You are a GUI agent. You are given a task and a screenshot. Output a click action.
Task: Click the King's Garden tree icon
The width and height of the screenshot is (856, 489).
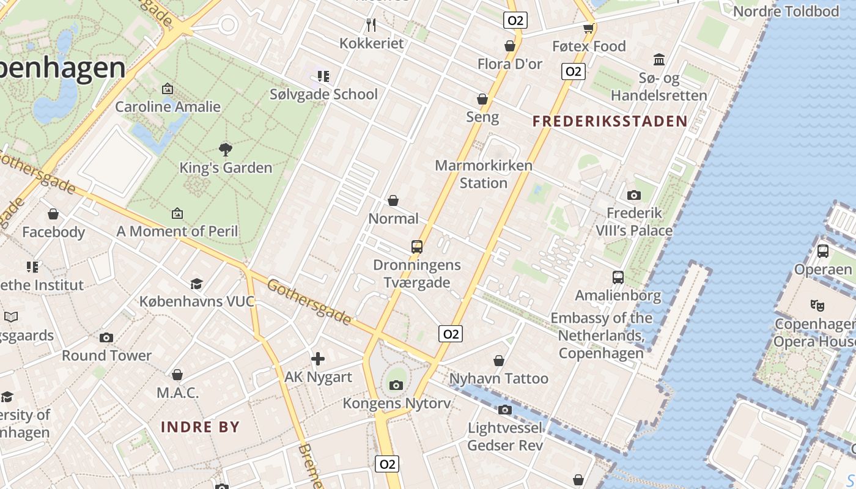226,149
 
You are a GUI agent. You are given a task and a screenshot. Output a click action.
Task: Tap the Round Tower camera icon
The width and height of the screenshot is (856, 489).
106,337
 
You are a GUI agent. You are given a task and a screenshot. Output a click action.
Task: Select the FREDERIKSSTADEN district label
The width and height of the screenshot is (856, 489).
610,121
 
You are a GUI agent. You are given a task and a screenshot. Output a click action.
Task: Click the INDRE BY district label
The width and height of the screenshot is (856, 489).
201,427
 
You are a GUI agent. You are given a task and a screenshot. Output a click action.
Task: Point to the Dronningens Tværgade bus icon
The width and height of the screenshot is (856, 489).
417,247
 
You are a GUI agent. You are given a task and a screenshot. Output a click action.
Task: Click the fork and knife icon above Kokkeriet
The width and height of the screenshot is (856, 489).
371,25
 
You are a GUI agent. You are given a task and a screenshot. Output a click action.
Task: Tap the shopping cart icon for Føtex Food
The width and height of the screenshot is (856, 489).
589,28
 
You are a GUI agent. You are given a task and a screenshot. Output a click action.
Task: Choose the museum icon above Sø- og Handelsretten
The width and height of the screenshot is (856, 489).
659,60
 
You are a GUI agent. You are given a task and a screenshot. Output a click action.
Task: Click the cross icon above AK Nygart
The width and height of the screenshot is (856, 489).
318,359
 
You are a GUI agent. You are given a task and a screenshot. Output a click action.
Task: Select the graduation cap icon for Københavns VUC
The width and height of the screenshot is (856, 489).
196,284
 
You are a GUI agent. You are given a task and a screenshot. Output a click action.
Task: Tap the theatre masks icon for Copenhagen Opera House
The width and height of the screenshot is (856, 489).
817,305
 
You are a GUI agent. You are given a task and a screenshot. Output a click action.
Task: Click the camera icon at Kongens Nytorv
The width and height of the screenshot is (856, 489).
396,385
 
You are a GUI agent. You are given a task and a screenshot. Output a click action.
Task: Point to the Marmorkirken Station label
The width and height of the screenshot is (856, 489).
484,174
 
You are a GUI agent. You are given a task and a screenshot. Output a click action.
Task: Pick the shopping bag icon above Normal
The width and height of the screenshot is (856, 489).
394,200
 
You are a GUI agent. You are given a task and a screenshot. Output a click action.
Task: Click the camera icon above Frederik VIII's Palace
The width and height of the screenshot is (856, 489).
634,196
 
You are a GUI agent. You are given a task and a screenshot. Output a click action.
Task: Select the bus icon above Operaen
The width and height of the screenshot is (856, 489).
823,251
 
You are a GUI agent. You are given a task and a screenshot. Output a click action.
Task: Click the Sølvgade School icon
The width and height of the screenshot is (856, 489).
323,76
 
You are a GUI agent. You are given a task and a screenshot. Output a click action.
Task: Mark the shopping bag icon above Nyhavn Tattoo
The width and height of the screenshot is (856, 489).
499,361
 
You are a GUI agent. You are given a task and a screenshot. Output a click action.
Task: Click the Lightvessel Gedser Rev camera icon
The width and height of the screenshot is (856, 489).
505,410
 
